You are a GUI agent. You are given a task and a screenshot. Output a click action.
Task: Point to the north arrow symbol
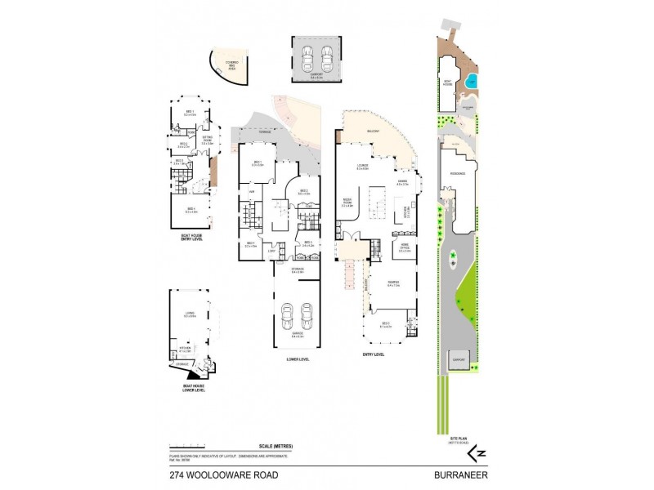474,451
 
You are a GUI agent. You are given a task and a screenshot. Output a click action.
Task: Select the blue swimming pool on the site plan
473,82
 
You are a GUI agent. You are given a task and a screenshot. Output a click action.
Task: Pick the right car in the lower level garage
307,314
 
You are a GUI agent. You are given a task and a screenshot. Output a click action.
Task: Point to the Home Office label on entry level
405,250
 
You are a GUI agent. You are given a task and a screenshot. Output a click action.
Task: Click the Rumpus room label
393,283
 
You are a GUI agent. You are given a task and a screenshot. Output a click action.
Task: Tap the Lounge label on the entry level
363,167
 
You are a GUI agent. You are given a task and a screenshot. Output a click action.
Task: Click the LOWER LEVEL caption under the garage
297,357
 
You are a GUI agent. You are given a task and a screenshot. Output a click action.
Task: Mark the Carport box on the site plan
459,360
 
